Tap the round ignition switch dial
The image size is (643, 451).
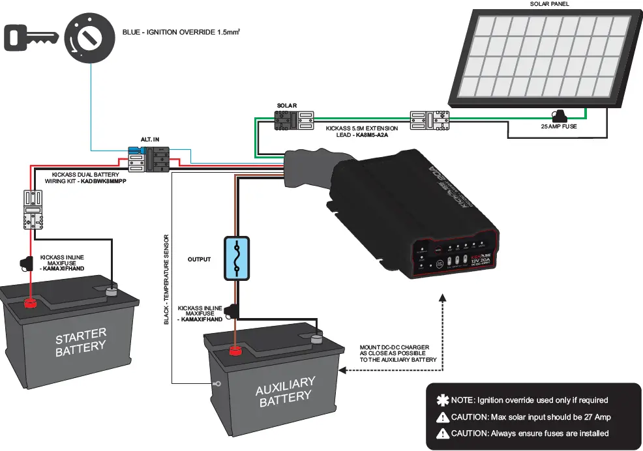tap(87, 38)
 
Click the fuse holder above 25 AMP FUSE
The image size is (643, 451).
tap(558, 116)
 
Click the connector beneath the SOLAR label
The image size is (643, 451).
tap(295, 119)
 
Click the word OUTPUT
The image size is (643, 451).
tap(199, 259)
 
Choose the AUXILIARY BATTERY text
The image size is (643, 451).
tap(285, 391)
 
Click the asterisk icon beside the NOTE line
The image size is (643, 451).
tap(442, 400)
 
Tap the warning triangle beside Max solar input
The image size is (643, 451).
tap(442, 417)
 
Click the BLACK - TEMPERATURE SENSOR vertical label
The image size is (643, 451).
tap(167, 279)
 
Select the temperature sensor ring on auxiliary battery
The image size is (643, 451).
tap(217, 384)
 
